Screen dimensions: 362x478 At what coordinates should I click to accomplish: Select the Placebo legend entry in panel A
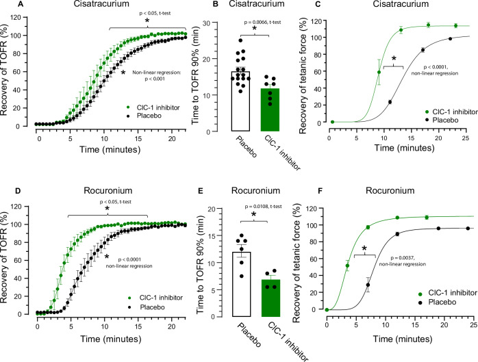point(134,116)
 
